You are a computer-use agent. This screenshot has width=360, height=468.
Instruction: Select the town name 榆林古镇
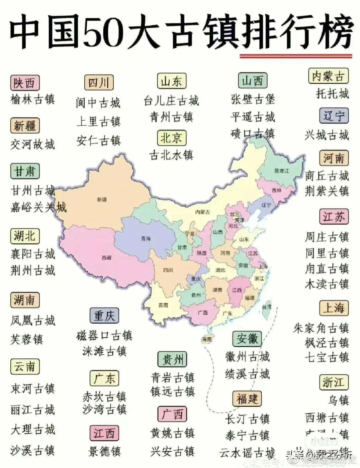(32, 99)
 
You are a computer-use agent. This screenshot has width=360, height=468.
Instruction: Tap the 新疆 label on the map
(102, 200)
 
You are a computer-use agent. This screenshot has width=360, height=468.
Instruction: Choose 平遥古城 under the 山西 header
(253, 117)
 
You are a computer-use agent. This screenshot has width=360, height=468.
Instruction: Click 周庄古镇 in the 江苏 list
(327, 237)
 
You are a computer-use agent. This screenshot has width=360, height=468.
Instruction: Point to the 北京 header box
(172, 138)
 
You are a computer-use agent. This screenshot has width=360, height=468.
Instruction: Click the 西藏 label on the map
(106, 258)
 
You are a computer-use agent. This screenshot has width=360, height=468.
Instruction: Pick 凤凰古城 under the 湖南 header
(32, 321)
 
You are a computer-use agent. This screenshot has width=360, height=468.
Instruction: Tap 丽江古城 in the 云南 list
(32, 409)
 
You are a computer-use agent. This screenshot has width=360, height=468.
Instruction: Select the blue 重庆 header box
(104, 316)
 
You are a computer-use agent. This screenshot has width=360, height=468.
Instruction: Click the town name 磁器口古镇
(104, 335)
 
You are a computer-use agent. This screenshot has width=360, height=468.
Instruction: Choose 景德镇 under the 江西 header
(104, 452)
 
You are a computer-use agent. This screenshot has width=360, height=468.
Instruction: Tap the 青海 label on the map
(146, 239)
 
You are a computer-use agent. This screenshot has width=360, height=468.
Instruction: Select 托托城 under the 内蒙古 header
(332, 93)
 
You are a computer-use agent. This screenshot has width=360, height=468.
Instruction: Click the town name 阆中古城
(98, 103)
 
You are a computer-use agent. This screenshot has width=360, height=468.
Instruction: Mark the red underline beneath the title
(296, 56)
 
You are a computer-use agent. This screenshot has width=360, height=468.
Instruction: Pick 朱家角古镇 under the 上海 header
(321, 328)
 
